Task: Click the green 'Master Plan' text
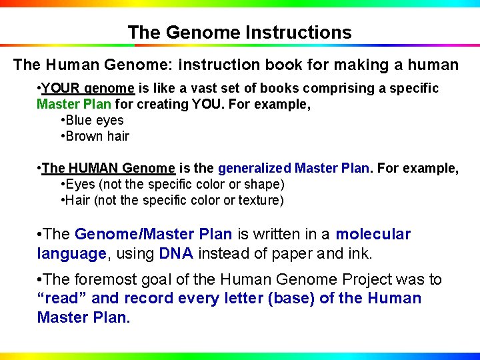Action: [74, 105]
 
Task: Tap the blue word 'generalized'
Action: [254, 169]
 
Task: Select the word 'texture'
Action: [263, 201]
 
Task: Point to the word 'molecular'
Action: [373, 234]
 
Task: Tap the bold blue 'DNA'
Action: [176, 253]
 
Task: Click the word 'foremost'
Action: [103, 280]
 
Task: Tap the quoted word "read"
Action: [62, 298]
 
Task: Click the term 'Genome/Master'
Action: [153, 234]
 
